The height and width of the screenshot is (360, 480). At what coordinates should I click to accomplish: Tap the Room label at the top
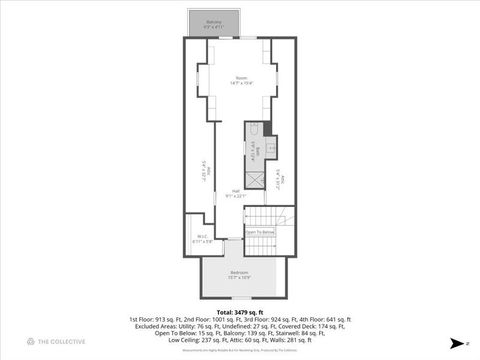pyautogui.click(x=241, y=78)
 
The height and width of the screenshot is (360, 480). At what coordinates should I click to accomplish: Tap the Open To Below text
pyautogui.click(x=260, y=232)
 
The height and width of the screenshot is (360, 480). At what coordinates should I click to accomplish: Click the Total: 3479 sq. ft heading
pyautogui.click(x=240, y=312)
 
